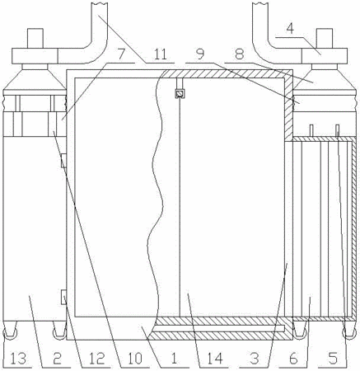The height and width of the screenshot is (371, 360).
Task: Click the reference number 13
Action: (x=19, y=359)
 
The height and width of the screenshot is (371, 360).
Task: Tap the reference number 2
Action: (x=57, y=359)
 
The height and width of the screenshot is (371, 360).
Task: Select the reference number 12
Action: (x=96, y=359)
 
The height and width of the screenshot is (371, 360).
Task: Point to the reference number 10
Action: (x=135, y=359)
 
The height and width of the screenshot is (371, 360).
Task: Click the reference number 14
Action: (x=215, y=359)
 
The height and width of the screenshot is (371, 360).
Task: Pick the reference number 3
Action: (x=255, y=359)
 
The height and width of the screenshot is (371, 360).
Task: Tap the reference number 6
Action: (x=293, y=359)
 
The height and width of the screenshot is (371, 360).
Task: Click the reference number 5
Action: (x=333, y=359)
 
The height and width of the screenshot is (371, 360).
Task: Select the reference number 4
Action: (x=290, y=29)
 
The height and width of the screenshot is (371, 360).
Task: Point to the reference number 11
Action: (x=160, y=54)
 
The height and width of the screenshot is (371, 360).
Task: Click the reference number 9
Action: (x=200, y=54)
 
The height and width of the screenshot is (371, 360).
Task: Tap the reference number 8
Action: (x=240, y=54)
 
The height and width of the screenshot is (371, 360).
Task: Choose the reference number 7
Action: (x=121, y=54)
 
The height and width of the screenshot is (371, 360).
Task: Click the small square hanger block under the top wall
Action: (x=180, y=94)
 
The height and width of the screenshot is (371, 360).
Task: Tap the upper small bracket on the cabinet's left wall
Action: (x=63, y=161)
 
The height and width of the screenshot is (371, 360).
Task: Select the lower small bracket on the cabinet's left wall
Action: (x=63, y=297)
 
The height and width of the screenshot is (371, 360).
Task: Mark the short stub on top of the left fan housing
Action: (x=35, y=39)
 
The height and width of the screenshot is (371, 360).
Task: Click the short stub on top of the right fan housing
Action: (x=325, y=39)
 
